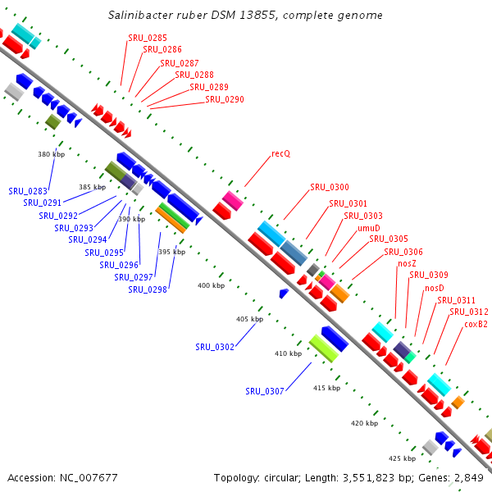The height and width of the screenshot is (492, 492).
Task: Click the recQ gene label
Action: click(280, 154)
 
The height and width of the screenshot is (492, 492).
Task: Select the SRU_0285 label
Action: click(148, 38)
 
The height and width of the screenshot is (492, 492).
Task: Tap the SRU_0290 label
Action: click(225, 99)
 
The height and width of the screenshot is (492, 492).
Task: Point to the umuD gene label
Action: click(369, 228)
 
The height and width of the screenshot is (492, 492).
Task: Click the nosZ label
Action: click(407, 263)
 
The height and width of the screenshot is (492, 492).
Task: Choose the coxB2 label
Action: click(476, 324)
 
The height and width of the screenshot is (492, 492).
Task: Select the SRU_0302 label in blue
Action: click(215, 347)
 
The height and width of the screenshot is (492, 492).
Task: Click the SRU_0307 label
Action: click(265, 391)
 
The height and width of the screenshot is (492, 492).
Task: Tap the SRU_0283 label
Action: click(28, 191)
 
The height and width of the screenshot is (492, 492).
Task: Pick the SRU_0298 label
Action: click(148, 289)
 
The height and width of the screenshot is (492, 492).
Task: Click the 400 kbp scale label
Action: click(212, 285)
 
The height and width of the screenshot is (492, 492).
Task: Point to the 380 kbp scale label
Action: click(52, 154)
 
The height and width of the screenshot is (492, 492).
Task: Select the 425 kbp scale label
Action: click(403, 458)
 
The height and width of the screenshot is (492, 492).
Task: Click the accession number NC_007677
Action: click(89, 478)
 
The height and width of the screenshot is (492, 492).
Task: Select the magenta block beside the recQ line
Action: click(233, 201)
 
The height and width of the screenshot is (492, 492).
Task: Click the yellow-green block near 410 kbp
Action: click(324, 348)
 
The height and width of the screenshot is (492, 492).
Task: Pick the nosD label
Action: click(435, 288)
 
